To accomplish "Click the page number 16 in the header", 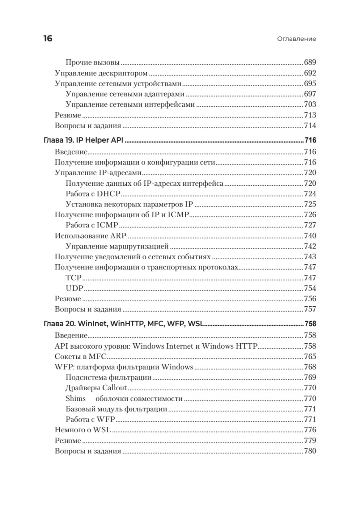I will [x=47, y=39].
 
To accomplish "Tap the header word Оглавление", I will [x=297, y=39].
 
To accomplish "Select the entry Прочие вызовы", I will [x=93, y=62].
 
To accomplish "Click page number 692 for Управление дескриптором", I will [x=310, y=73].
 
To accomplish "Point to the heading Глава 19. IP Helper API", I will [x=84, y=140].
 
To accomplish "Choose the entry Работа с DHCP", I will [x=93, y=193].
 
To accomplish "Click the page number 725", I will [x=310, y=204].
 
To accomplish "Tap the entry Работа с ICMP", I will [x=92, y=225].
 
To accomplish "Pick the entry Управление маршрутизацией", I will [x=117, y=246].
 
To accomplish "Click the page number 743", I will [x=310, y=257].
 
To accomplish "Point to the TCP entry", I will [x=74, y=278].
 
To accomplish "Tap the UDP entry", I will [x=75, y=288].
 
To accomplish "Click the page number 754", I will [x=310, y=288].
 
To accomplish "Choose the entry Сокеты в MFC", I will [x=81, y=356].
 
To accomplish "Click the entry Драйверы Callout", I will [x=96, y=388].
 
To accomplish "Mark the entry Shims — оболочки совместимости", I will [x=124, y=398].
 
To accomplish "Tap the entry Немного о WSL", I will [x=83, y=430].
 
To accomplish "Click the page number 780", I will [x=310, y=451].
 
